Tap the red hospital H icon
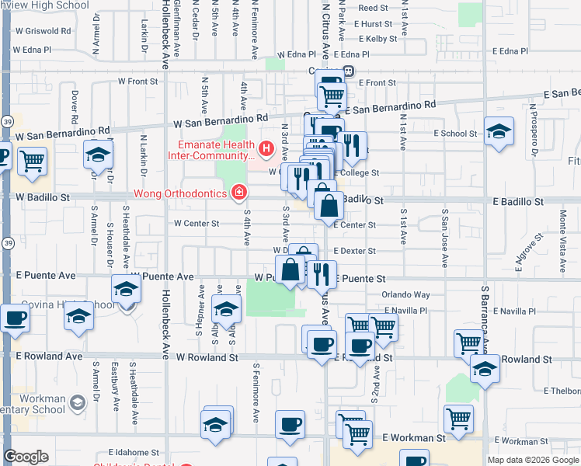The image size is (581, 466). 267,148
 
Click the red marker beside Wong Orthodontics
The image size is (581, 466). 239,193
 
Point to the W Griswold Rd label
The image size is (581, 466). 42,32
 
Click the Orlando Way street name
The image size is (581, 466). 406,295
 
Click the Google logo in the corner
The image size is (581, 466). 26,457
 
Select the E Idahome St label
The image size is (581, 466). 134,452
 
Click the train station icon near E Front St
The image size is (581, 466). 349,71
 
